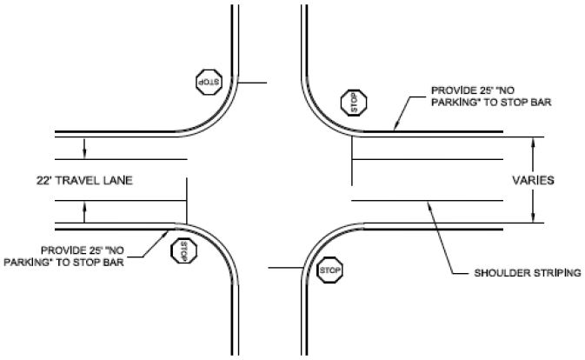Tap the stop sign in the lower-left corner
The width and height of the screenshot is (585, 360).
pos(183,251)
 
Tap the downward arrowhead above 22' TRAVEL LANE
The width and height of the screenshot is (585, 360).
pos(84,154)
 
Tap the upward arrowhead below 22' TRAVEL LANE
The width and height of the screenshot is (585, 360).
pos(84,205)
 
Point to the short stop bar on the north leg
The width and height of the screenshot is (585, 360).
pos(254,84)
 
